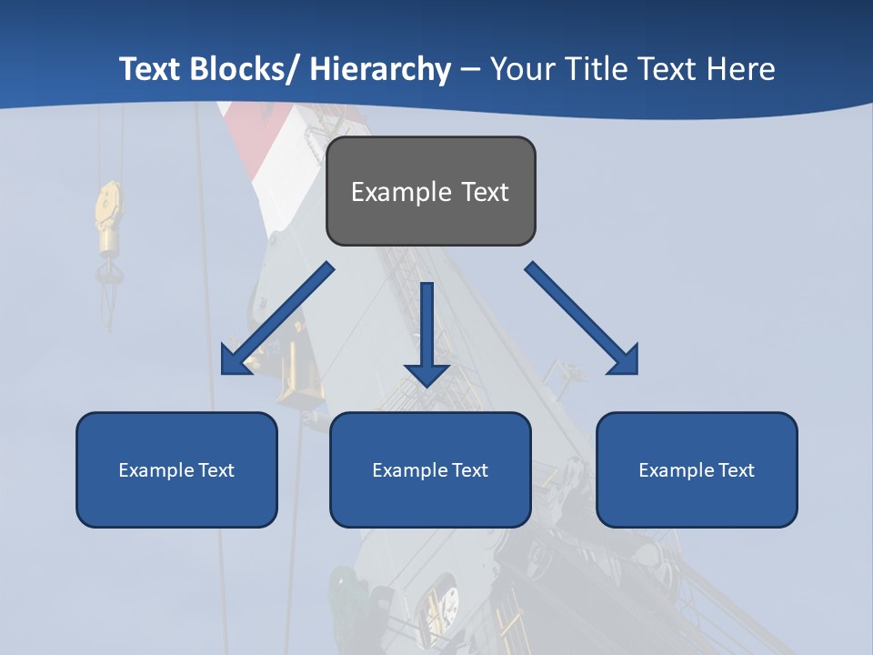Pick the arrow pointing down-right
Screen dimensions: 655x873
click(582, 318)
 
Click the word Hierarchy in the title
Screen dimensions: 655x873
click(380, 69)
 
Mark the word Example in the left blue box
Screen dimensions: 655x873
click(156, 470)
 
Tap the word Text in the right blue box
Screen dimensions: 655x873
click(735, 470)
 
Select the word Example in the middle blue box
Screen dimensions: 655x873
click(410, 470)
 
